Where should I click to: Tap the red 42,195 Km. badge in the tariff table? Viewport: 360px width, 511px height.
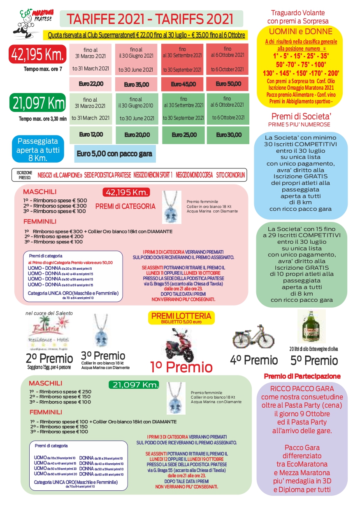(x=37, y=54)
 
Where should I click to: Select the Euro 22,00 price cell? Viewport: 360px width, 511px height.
(x=91, y=84)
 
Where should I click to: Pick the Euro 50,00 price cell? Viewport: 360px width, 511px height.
(x=228, y=84)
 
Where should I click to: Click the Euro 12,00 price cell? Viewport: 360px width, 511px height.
(x=91, y=135)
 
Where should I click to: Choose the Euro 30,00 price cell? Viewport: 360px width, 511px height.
(x=228, y=135)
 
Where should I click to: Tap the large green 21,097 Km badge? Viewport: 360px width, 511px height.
(x=37, y=103)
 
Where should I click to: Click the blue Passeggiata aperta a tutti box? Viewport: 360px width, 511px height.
(x=38, y=149)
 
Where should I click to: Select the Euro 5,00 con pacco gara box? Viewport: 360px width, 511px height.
(x=114, y=154)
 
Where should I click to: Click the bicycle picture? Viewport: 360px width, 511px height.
(x=253, y=336)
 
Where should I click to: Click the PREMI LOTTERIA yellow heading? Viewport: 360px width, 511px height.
(x=181, y=316)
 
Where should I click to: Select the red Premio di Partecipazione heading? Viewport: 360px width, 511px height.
(x=302, y=376)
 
